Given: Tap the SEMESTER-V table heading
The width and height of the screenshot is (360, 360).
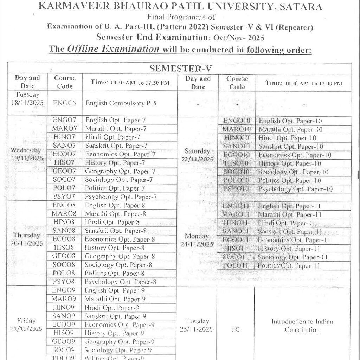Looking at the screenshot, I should [x=180, y=69].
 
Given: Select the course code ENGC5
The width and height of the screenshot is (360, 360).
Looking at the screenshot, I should [x=64, y=103].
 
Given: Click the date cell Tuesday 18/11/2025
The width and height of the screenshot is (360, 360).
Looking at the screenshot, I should [x=27, y=98].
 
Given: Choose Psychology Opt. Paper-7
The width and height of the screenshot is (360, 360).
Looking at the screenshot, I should [x=121, y=197].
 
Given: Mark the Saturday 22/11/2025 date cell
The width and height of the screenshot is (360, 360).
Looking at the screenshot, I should [x=198, y=155].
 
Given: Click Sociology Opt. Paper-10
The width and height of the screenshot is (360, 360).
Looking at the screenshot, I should [x=293, y=172].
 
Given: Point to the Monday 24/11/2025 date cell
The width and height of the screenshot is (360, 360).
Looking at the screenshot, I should [x=198, y=240].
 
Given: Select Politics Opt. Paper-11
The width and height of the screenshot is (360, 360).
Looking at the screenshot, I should [x=289, y=266].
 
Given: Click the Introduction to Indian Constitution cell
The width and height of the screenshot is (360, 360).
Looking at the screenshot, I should [x=302, y=326].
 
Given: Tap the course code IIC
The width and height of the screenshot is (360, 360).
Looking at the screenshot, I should [x=235, y=330].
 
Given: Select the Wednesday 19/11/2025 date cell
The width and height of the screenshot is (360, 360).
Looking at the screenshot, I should [x=27, y=154].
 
